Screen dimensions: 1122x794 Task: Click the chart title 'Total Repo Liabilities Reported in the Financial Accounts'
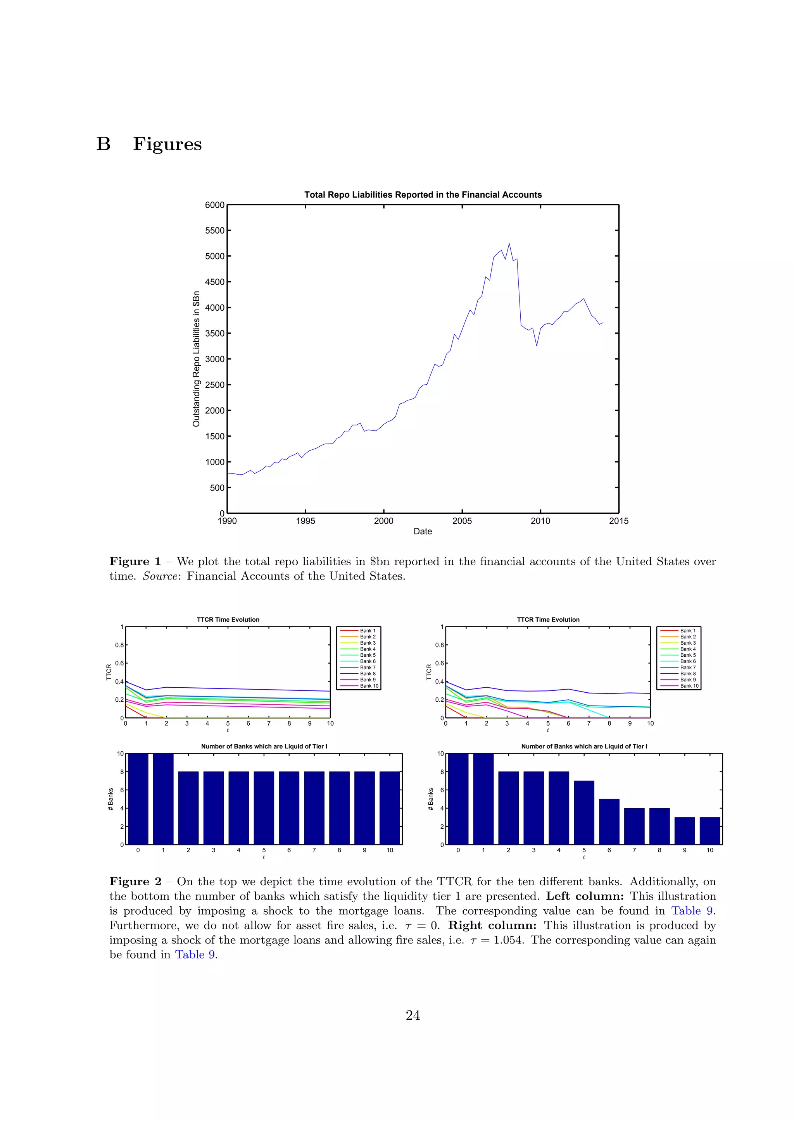(x=423, y=194)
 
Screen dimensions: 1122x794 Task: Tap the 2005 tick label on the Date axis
(x=462, y=521)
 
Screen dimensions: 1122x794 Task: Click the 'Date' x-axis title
(x=423, y=532)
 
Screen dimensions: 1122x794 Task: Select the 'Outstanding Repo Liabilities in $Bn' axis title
(x=197, y=359)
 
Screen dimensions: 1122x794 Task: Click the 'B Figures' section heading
(x=149, y=144)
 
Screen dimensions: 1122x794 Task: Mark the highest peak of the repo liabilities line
(x=509, y=244)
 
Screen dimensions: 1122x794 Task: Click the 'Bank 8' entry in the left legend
(x=368, y=673)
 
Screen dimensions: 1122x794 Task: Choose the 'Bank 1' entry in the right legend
(x=687, y=631)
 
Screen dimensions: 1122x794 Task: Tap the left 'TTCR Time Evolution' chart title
(x=228, y=620)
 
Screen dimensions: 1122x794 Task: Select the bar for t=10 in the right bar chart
(x=709, y=831)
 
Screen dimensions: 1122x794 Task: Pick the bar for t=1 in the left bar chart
(x=163, y=799)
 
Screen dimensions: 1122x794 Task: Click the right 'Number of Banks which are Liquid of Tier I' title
(x=584, y=746)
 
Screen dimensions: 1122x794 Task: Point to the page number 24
(x=413, y=1015)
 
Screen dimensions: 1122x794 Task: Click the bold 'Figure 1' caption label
(x=135, y=561)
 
